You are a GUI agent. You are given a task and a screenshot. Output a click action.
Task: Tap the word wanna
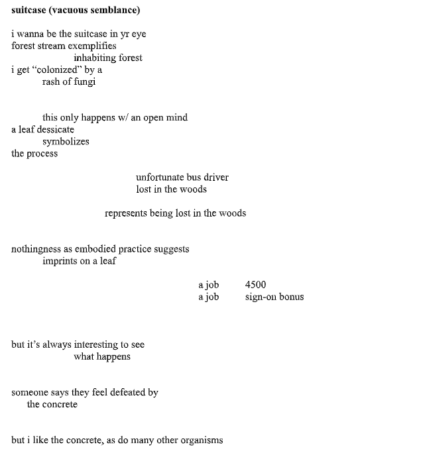click(x=31, y=34)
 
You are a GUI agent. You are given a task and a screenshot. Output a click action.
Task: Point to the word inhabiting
click(x=94, y=58)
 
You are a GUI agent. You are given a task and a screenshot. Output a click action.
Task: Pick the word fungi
click(x=84, y=81)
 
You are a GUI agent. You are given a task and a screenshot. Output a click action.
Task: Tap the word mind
click(x=176, y=117)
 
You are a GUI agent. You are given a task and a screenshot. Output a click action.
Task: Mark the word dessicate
click(x=56, y=129)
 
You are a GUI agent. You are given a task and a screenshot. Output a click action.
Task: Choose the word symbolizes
click(x=66, y=141)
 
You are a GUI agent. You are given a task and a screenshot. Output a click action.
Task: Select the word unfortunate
click(x=160, y=177)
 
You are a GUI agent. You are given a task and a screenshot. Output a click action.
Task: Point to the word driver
click(x=216, y=177)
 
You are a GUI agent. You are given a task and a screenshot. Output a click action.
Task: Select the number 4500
click(x=255, y=285)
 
